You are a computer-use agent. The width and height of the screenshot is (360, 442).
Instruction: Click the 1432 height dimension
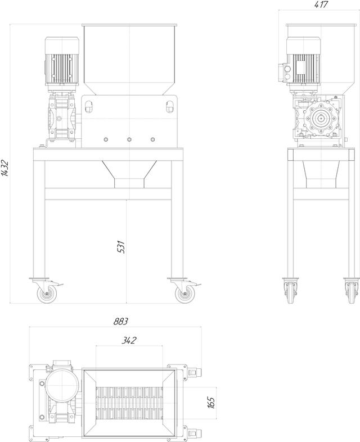point(5,168)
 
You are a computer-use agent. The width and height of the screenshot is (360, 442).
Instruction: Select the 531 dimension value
point(121,247)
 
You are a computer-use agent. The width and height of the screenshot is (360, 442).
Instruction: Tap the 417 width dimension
point(321,5)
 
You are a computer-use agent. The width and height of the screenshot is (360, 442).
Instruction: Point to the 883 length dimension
point(121,321)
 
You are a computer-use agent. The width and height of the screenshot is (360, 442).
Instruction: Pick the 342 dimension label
point(129,340)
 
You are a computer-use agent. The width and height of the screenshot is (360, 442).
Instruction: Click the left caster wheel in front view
point(47,294)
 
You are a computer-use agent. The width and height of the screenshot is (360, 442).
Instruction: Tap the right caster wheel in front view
point(184,294)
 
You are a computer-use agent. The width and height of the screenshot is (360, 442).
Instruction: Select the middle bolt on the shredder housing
point(129,139)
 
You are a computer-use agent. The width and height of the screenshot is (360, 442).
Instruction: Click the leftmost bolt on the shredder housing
point(106,139)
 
